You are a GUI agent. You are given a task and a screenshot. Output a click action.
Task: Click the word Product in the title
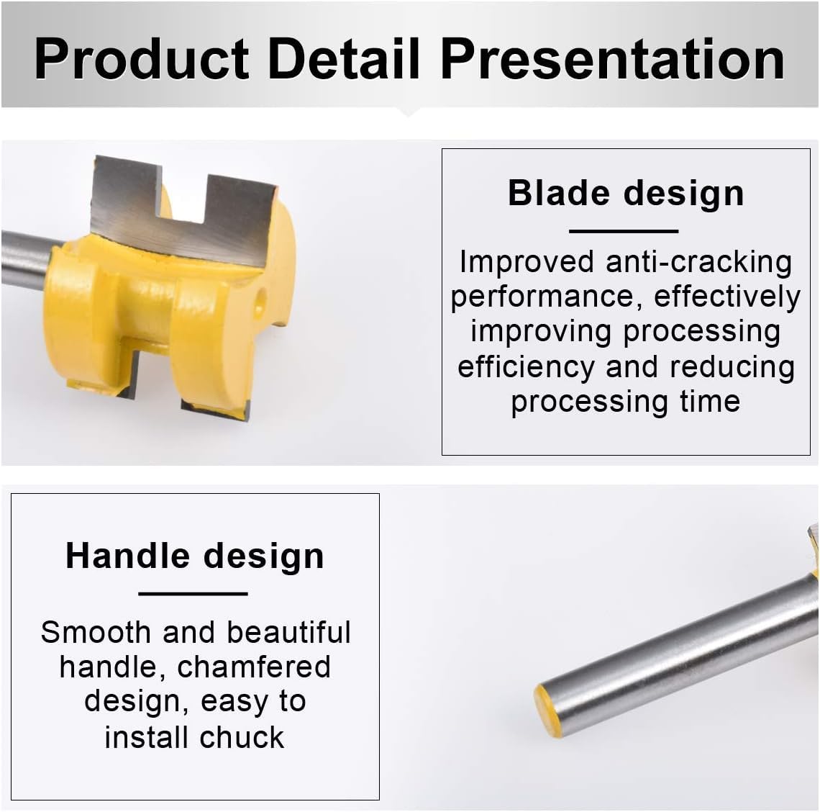[x=141, y=59]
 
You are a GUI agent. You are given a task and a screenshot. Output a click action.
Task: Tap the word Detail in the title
[x=344, y=58]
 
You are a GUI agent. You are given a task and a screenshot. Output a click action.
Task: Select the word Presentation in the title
[x=612, y=58]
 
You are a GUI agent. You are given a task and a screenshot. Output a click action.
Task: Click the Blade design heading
[x=626, y=193]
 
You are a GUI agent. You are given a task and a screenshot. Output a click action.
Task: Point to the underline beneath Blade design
[x=624, y=231]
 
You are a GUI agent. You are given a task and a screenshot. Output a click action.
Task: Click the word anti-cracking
[x=698, y=262]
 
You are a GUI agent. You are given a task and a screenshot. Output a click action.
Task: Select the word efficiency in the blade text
[x=526, y=366]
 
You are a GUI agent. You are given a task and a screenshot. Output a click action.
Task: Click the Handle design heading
[x=194, y=556]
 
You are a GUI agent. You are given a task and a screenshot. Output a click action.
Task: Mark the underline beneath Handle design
[x=193, y=594]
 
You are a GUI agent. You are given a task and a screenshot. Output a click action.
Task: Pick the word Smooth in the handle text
[x=96, y=632]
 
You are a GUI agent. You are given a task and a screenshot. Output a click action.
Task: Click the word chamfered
[x=254, y=667]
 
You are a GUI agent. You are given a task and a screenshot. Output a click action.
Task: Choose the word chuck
[x=242, y=737]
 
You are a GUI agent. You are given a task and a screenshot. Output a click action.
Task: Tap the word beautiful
[x=288, y=632]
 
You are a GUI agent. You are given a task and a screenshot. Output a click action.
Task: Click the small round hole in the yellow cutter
[x=260, y=302]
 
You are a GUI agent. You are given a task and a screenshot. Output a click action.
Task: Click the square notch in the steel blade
[x=184, y=198]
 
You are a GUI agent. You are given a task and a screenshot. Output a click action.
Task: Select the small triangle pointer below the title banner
[x=409, y=112]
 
